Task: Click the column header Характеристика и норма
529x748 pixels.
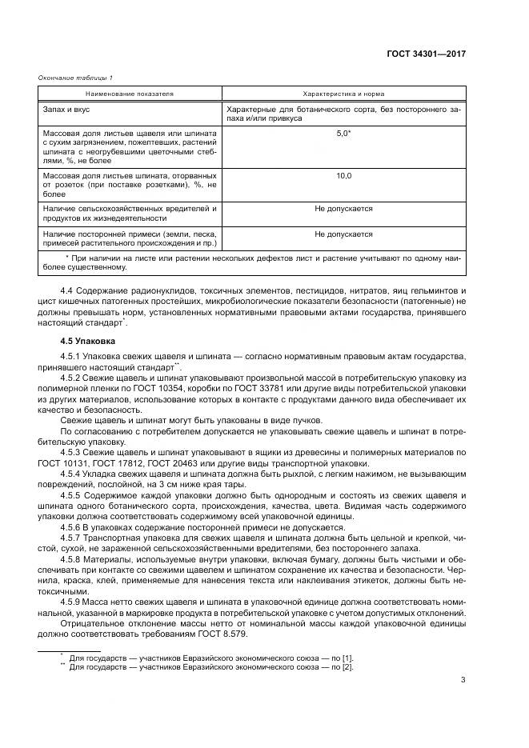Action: pyautogui.click(x=343, y=94)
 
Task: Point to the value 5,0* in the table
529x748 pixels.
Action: pyautogui.click(x=343, y=133)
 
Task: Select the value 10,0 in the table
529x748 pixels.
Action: pyautogui.click(x=343, y=175)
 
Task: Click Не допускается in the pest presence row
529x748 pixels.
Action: pyautogui.click(x=343, y=209)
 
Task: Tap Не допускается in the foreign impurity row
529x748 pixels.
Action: pyautogui.click(x=343, y=234)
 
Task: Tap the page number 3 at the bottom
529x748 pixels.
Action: pyautogui.click(x=463, y=681)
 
